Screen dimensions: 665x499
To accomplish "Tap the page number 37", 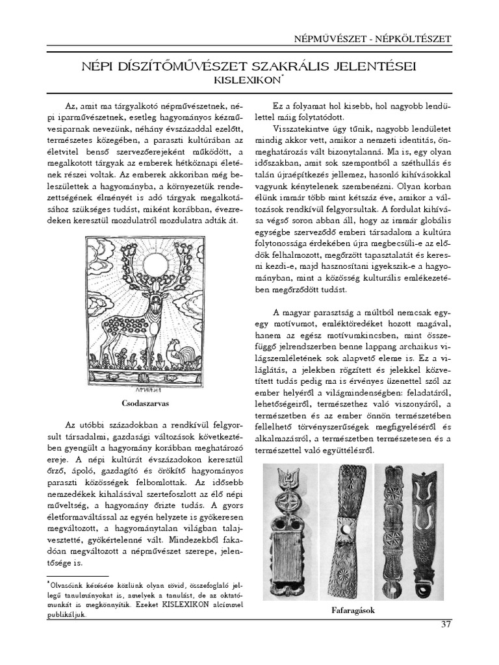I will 444,625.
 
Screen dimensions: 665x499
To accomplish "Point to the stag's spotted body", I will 130,325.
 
